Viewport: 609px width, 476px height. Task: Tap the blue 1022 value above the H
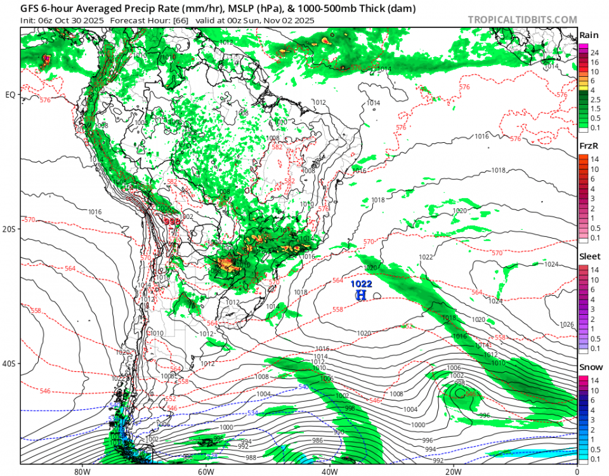click(362, 284)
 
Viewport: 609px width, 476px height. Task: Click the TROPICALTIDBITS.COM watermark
click(522, 20)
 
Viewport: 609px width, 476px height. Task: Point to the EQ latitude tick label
click(10, 95)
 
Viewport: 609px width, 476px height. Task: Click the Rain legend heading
click(588, 35)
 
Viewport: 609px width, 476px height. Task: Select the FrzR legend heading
click(588, 146)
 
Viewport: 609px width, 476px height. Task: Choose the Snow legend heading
click(589, 367)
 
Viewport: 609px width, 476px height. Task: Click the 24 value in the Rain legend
click(594, 53)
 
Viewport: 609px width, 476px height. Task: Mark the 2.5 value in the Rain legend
click(596, 100)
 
